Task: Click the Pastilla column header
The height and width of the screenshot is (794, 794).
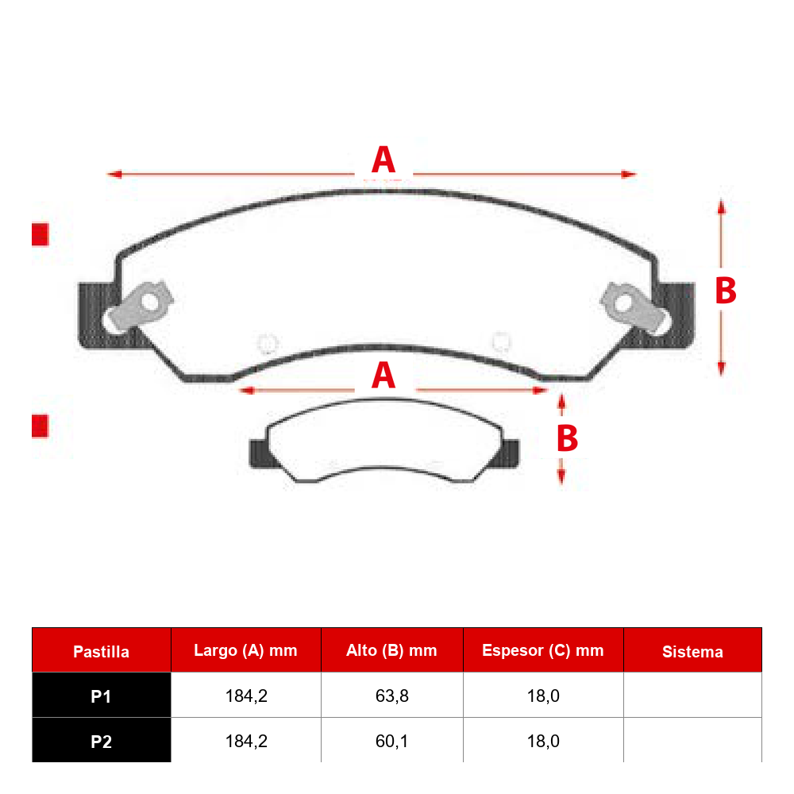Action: (102, 652)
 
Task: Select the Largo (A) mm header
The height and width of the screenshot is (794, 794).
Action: (245, 651)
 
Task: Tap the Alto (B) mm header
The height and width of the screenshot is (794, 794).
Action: (391, 651)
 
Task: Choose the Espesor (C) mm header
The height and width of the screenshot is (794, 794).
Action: (543, 651)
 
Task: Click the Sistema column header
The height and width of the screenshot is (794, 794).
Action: (692, 652)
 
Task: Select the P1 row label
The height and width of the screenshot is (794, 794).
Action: (102, 697)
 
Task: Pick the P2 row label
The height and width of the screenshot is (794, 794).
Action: (102, 742)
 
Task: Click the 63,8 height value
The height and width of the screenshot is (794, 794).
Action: (392, 696)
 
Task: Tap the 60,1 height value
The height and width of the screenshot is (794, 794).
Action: (392, 742)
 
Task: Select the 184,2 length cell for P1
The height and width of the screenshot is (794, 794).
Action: (246, 696)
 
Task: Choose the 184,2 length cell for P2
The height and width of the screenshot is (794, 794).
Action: (246, 742)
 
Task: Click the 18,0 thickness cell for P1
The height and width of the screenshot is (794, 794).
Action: (543, 696)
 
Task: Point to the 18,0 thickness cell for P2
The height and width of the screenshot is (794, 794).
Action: (543, 742)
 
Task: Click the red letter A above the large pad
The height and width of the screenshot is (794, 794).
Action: (384, 160)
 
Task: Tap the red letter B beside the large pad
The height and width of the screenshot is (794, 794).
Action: (726, 291)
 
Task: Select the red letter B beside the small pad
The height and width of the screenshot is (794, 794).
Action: (567, 438)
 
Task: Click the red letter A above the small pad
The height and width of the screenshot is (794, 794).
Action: (384, 376)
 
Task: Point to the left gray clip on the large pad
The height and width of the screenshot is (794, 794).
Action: (137, 306)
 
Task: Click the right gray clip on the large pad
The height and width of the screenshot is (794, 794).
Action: (636, 308)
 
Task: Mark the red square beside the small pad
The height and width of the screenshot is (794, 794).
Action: (40, 426)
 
